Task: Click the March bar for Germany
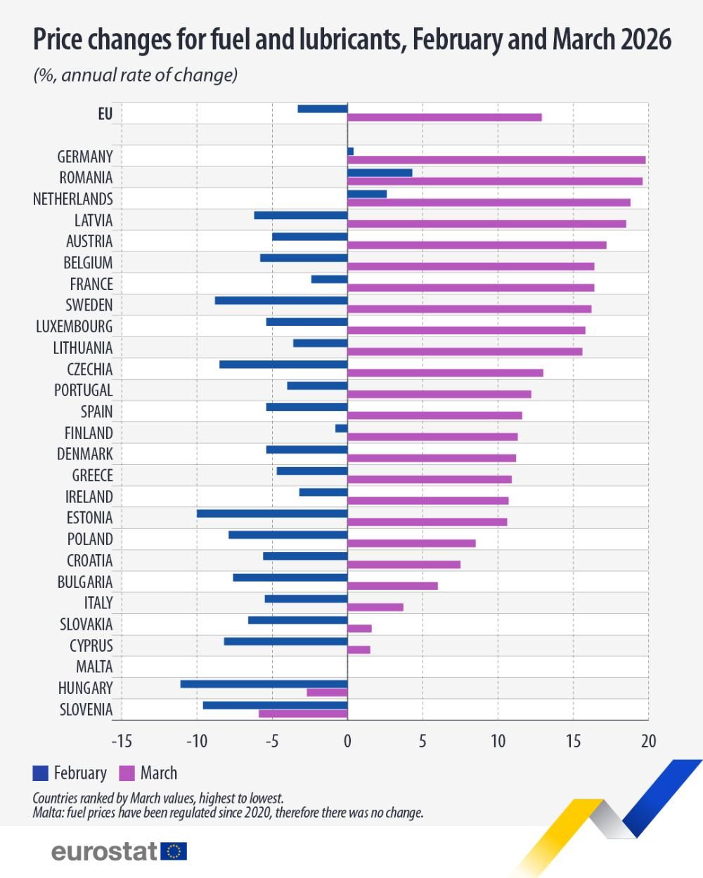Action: coord(496,160)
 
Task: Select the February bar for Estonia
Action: coord(272,513)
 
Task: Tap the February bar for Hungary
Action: coord(264,684)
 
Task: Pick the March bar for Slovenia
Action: coord(303,714)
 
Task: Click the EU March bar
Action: coord(444,117)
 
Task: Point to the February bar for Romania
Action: coord(380,173)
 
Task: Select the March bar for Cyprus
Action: coord(359,650)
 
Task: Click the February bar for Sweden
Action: coord(281,301)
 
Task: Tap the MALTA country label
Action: coord(94,667)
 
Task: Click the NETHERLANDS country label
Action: coord(72,199)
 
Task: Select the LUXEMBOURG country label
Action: coord(74,327)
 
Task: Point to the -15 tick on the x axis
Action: coord(122,741)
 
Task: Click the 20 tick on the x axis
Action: coord(647,741)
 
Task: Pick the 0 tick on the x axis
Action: coord(347,741)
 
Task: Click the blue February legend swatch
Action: coord(40,773)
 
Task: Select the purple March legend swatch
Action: coord(127,773)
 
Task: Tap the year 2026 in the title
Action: coord(646,40)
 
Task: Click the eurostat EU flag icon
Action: coord(174,851)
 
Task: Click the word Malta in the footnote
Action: coord(46,813)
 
